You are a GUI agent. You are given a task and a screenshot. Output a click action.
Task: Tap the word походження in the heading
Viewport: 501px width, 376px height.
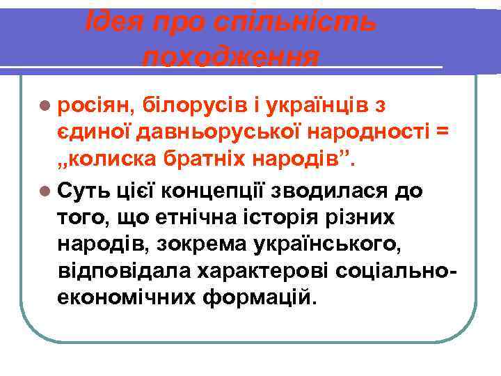coord(231,56)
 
